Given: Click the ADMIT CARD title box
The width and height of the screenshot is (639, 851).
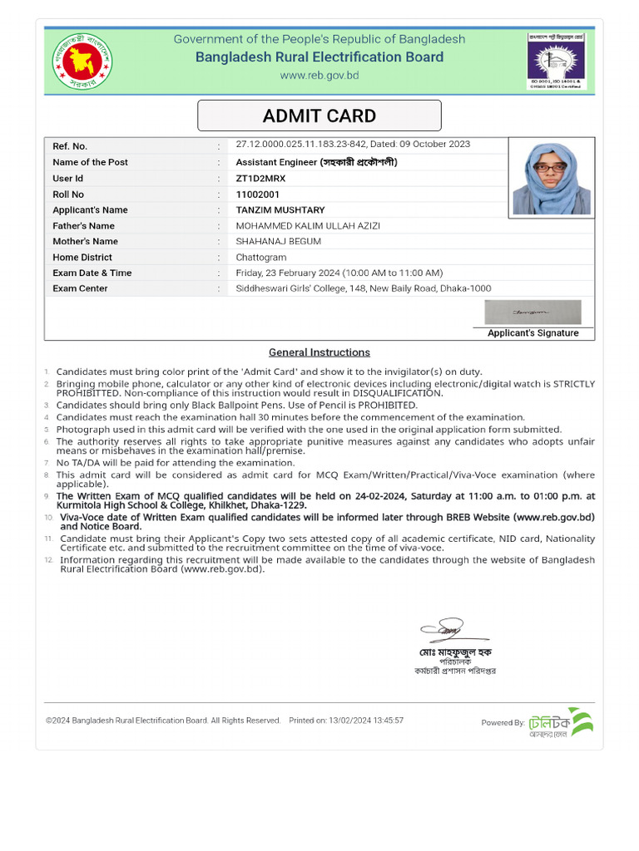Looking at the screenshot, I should tap(319, 116).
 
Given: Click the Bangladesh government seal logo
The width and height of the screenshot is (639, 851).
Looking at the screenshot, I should tap(84, 60).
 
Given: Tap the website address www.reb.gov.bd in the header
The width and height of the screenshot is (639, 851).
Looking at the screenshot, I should tap(319, 75).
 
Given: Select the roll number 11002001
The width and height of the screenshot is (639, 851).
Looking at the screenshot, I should tap(259, 194).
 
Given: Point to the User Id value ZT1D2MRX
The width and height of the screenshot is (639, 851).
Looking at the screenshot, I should tap(261, 178).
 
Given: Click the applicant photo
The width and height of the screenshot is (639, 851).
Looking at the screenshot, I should tap(551, 178).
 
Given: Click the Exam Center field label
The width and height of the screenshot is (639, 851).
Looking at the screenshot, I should tap(80, 288).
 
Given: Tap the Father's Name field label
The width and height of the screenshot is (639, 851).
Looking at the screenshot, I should tap(83, 225).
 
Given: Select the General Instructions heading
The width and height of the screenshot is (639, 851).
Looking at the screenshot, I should tap(319, 352).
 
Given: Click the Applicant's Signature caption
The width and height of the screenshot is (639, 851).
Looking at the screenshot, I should tap(532, 332).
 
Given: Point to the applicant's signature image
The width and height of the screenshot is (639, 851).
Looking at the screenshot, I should tap(532, 312).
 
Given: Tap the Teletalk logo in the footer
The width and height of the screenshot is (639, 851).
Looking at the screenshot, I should tap(561, 722).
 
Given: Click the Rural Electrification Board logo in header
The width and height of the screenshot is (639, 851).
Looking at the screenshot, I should tap(557, 60).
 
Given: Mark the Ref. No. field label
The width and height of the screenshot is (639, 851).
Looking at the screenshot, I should tap(70, 146).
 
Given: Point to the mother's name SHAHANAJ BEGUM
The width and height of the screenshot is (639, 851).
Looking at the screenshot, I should tap(278, 241).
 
